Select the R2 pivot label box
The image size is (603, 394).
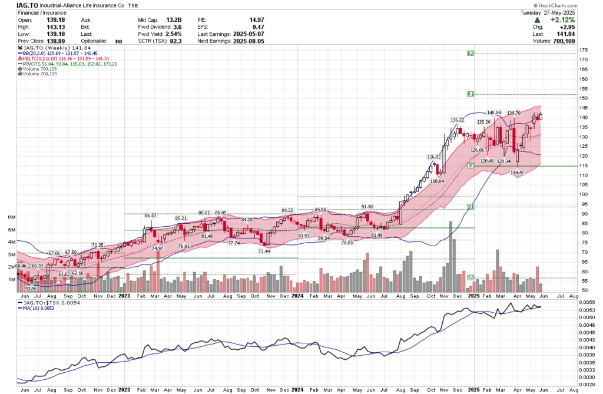(471, 54)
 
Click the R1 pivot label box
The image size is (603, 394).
(471, 94)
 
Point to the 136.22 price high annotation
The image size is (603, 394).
(458, 120)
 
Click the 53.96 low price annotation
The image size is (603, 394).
(31, 289)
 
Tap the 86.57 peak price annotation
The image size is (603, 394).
(151, 216)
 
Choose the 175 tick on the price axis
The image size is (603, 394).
(582, 50)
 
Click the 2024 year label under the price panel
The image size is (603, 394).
(297, 297)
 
